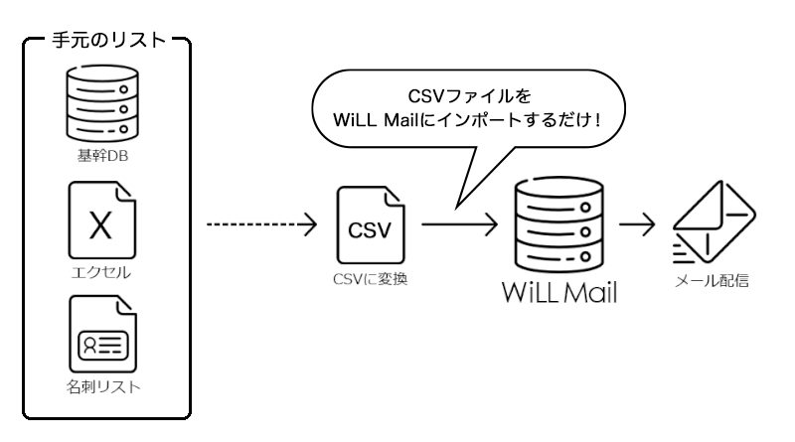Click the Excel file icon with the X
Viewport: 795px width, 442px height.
pos(101,220)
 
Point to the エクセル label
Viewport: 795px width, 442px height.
pos(101,270)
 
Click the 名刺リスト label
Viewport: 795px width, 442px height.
pos(101,385)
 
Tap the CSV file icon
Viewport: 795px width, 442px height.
pos(369,226)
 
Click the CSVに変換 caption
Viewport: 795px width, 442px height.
pos(370,279)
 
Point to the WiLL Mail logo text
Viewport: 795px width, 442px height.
pos(559,293)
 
